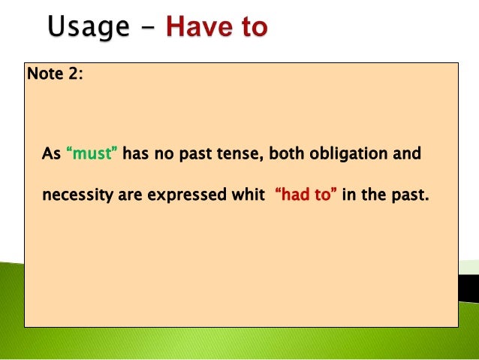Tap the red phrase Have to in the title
coord(216,29)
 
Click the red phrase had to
coord(306,195)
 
